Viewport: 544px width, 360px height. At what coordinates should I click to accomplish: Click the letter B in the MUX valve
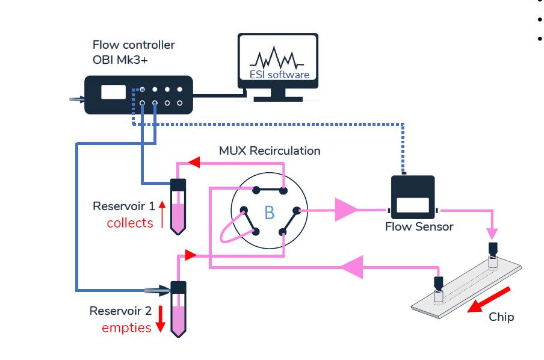[269, 213]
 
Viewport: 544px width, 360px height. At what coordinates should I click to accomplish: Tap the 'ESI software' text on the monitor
[279, 75]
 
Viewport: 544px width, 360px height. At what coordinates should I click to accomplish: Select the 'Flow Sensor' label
[419, 227]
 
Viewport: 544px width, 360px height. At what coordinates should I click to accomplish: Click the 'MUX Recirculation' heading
[270, 151]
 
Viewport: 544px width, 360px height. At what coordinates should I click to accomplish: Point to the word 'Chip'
[501, 317]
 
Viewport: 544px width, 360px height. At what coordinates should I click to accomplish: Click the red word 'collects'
[130, 223]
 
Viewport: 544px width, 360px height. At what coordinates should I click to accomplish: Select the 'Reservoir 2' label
[120, 311]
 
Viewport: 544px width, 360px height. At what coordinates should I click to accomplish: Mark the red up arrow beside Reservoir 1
[161, 214]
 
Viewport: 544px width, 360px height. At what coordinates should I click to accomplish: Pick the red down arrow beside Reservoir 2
[161, 319]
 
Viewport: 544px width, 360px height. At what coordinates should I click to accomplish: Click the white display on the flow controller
[113, 92]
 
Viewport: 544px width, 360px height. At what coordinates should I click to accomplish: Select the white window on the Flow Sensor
[413, 205]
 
